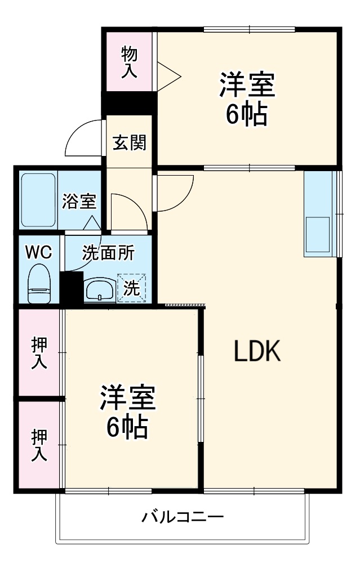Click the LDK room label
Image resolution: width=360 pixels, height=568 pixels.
point(257,352)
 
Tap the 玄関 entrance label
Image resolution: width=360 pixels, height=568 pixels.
point(130,142)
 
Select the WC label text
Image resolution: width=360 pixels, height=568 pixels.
point(38,253)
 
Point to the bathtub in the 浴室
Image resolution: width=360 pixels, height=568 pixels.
point(39,199)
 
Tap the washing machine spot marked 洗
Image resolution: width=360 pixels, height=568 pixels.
point(131,289)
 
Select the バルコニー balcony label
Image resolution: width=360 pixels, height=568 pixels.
point(183,516)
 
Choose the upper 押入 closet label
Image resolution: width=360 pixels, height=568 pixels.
point(39,353)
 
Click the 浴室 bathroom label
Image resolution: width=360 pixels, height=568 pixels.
point(79,202)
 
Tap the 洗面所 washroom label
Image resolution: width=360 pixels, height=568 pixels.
point(108,253)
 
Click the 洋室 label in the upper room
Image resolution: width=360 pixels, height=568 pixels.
point(247,86)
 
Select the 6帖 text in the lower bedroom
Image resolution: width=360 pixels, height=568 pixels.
point(127,428)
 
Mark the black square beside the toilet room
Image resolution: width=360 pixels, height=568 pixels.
point(72,288)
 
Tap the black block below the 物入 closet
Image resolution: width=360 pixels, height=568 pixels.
point(129,103)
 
